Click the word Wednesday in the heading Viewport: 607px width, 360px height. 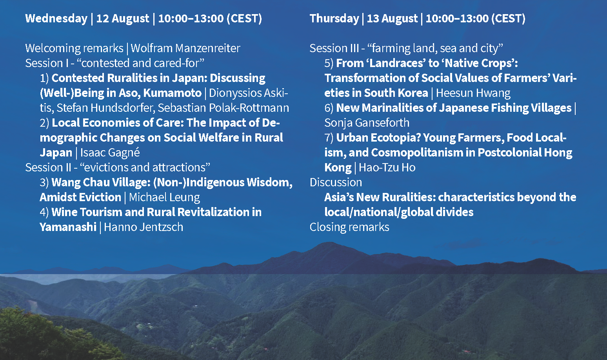56,19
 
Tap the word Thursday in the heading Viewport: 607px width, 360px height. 334,19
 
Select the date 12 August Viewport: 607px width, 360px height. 123,19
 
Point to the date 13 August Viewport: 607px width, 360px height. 392,19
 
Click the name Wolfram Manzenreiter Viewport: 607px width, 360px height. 185,48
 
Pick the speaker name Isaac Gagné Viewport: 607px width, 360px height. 110,153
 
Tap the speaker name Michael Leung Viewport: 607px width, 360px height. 164,197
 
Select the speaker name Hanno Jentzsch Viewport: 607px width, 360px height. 144,227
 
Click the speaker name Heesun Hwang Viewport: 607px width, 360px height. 473,93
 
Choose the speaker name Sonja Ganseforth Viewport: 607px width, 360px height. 367,123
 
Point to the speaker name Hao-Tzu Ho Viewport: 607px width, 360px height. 387,167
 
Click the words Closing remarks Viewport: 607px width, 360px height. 349,227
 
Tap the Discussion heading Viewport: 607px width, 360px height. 336,182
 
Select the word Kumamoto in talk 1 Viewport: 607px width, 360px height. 173,93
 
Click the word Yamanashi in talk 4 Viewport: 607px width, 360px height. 68,227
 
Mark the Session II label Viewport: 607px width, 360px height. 48,167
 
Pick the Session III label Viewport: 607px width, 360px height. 334,48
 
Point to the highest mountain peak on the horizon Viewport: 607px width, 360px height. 329,243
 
